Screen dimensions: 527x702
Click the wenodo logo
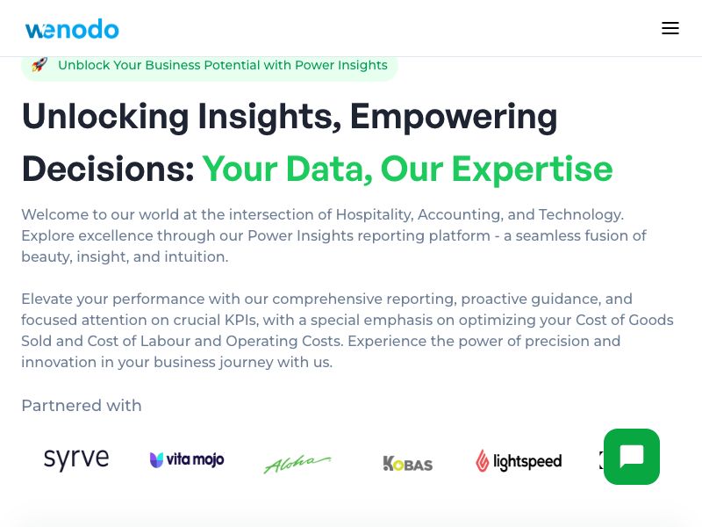(x=72, y=29)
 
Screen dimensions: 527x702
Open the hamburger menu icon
(x=670, y=28)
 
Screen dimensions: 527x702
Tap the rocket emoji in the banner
(x=39, y=65)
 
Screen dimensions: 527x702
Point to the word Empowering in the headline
(x=454, y=117)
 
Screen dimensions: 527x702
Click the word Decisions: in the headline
(x=107, y=170)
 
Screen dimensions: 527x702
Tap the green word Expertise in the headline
(x=532, y=170)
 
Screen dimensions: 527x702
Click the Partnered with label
(x=82, y=406)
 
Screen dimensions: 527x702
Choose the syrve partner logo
(x=76, y=459)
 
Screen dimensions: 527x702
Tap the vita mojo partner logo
(x=187, y=460)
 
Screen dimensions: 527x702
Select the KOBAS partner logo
(x=408, y=463)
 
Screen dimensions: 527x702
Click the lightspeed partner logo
(x=519, y=461)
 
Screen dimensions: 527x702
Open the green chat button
(x=632, y=457)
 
